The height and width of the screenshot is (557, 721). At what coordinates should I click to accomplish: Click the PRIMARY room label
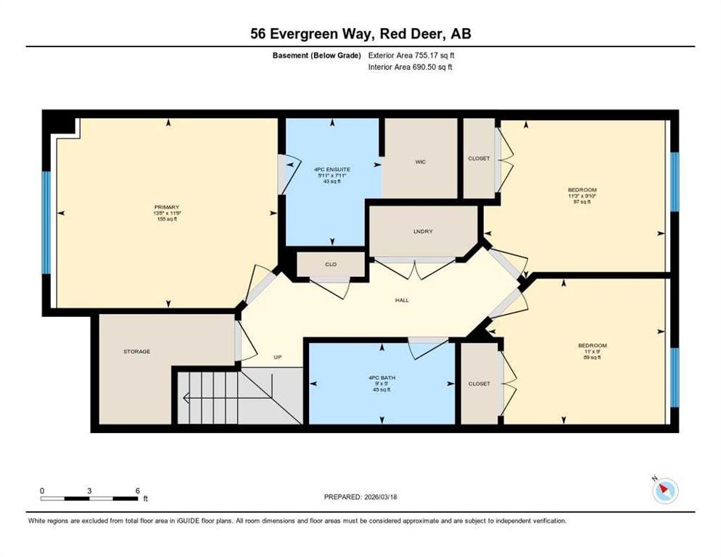[165, 207]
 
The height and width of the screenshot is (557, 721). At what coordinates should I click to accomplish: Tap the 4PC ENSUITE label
[333, 169]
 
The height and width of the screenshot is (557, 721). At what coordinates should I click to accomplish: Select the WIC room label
[420, 162]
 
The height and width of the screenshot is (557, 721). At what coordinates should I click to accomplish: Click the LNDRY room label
[423, 231]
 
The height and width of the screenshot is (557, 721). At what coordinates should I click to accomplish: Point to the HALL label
[402, 300]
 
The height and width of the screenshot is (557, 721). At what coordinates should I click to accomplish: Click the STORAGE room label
[136, 352]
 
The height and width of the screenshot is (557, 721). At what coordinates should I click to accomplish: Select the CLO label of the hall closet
[330, 265]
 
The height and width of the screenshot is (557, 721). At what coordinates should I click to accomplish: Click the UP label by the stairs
[277, 357]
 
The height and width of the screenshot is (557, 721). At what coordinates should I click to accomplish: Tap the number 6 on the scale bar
[137, 491]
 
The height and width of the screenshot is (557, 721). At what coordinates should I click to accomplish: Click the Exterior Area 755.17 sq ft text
[411, 55]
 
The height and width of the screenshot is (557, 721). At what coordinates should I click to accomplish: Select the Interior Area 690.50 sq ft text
[411, 67]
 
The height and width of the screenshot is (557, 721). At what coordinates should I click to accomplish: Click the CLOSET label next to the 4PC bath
[479, 384]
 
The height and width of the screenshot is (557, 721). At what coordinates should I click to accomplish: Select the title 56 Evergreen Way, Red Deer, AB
[360, 34]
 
